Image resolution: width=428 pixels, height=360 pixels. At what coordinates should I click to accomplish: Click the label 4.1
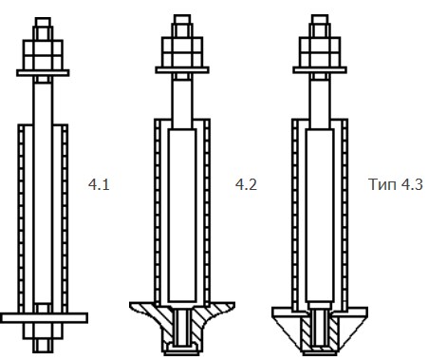[99, 184]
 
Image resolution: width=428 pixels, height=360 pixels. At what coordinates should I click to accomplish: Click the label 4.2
[246, 184]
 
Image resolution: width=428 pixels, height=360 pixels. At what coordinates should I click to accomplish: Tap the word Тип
[381, 184]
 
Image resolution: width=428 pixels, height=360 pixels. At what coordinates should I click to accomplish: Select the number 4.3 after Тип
[411, 184]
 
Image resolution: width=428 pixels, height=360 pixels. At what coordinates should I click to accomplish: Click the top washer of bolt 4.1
[43, 73]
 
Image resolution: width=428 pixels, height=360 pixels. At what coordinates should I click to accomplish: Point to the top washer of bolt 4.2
[182, 70]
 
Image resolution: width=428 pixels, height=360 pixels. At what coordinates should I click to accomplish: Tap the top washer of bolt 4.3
[320, 70]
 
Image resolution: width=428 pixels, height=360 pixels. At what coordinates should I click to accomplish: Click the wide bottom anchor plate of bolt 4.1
[44, 318]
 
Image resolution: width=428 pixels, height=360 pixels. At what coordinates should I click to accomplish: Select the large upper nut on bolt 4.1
[43, 55]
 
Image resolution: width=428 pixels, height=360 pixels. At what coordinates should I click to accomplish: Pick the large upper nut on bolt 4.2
[182, 52]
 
